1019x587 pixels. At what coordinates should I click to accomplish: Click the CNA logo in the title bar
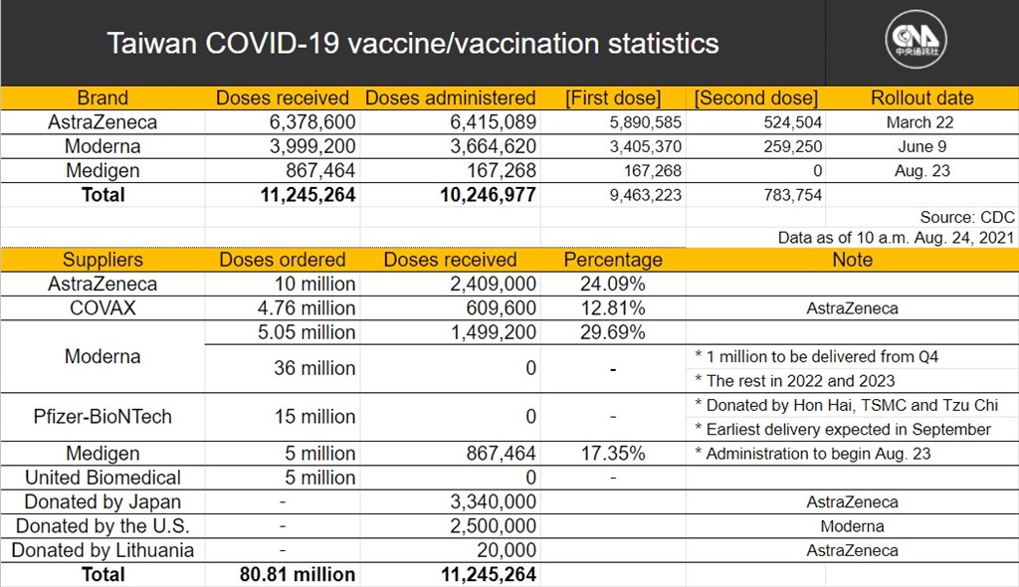(x=916, y=40)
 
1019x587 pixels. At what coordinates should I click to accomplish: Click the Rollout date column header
(x=921, y=98)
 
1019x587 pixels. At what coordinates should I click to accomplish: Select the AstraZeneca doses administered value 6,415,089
(x=494, y=122)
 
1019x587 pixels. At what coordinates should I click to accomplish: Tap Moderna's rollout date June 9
(x=921, y=146)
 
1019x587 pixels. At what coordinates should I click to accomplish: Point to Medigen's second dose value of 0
(x=818, y=171)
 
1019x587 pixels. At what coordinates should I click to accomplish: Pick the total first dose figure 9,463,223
(x=645, y=195)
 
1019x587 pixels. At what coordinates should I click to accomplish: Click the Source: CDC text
(x=967, y=217)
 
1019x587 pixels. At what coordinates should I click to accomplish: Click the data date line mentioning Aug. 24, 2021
(x=896, y=237)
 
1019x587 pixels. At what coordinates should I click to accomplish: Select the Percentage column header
(x=613, y=260)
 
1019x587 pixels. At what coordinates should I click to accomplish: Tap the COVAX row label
(x=102, y=308)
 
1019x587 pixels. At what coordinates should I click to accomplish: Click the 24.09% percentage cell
(x=613, y=285)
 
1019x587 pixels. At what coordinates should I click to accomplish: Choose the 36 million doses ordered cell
(x=314, y=368)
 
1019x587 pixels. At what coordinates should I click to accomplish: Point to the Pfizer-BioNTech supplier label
(x=102, y=417)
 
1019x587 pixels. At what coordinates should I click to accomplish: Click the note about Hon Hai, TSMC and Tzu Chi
(x=846, y=405)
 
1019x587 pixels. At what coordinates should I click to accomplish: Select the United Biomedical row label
(x=102, y=478)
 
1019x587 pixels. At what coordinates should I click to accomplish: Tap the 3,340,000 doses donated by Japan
(x=494, y=501)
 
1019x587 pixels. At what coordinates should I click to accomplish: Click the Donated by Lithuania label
(x=102, y=550)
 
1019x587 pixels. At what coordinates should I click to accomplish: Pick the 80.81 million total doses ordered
(x=297, y=575)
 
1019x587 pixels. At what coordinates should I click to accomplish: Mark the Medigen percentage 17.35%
(x=613, y=453)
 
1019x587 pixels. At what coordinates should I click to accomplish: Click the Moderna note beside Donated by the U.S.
(x=852, y=526)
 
